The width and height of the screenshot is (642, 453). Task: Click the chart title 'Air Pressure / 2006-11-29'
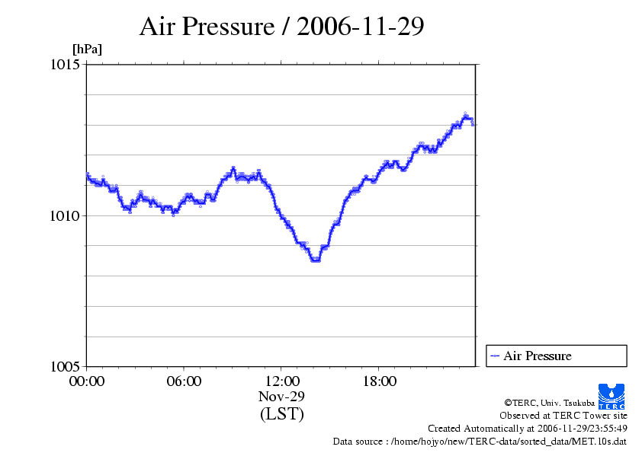pyautogui.click(x=282, y=27)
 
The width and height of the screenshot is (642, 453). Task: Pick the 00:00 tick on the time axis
pyautogui.click(x=87, y=381)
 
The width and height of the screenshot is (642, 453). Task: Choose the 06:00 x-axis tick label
pyautogui.click(x=184, y=381)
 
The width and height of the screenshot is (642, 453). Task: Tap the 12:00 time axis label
pyautogui.click(x=281, y=381)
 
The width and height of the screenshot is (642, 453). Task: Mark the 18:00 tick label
pyautogui.click(x=379, y=381)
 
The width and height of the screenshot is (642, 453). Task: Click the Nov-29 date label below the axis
pyautogui.click(x=281, y=397)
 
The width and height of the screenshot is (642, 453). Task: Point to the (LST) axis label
pyautogui.click(x=281, y=414)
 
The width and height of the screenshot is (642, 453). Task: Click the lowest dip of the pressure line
pyautogui.click(x=315, y=260)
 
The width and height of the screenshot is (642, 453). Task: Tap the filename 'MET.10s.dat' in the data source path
pyautogui.click(x=602, y=441)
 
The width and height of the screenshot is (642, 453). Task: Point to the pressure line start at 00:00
pyautogui.click(x=88, y=176)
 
